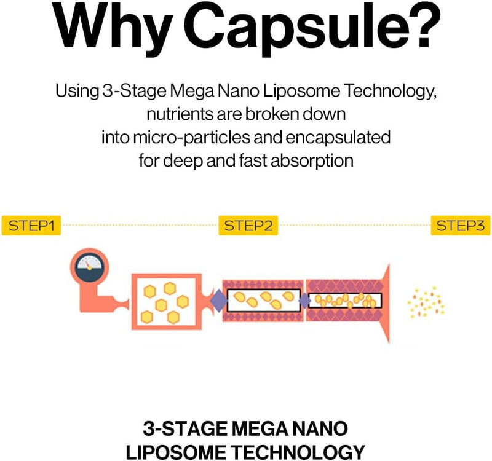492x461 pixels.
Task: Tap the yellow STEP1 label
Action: pyautogui.click(x=31, y=226)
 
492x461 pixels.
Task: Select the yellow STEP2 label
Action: pyautogui.click(x=248, y=226)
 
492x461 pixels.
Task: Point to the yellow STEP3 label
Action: pyautogui.click(x=460, y=226)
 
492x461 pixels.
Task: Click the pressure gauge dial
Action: pyautogui.click(x=89, y=266)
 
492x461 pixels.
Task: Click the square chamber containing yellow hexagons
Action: pyautogui.click(x=166, y=301)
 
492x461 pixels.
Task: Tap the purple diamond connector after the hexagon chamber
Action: pyautogui.click(x=218, y=301)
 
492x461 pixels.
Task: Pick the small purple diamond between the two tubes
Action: pyautogui.click(x=304, y=301)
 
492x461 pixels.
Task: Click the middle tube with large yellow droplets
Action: pyautogui.click(x=263, y=301)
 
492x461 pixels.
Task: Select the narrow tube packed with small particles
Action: pyautogui.click(x=344, y=301)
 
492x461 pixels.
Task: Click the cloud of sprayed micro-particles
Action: pyautogui.click(x=426, y=301)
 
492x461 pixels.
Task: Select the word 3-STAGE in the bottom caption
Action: pyautogui.click(x=176, y=427)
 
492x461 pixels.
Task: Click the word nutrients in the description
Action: pyautogui.click(x=178, y=114)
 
